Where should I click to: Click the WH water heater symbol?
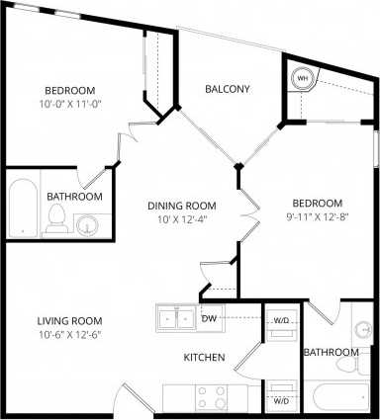pyautogui.click(x=303, y=77)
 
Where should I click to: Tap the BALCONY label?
pyautogui.click(x=227, y=89)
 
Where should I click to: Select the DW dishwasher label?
pyautogui.click(x=209, y=319)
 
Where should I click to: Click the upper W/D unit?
pyautogui.click(x=281, y=326)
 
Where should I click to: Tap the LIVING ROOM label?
pyautogui.click(x=71, y=321)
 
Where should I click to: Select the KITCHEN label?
pyautogui.click(x=204, y=357)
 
